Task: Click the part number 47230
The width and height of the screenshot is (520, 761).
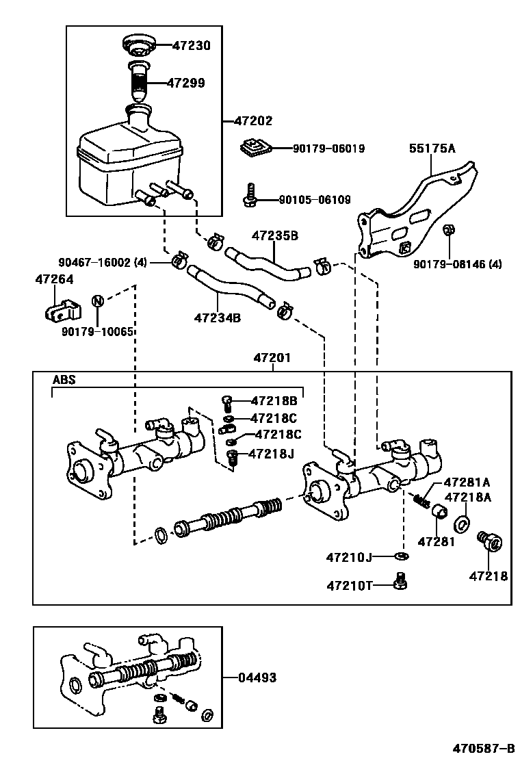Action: click(192, 46)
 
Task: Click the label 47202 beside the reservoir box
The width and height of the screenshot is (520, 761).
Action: click(253, 120)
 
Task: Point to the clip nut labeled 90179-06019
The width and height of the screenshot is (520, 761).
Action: click(256, 147)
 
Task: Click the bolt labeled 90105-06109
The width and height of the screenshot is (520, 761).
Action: click(250, 195)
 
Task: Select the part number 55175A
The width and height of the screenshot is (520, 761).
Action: click(432, 148)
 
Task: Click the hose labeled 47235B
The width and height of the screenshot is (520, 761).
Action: click(268, 263)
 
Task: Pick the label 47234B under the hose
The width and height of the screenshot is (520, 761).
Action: click(218, 318)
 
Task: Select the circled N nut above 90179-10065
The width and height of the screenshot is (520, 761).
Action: click(97, 301)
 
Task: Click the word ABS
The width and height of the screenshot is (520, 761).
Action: click(64, 380)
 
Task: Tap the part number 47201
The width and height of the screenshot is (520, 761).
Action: click(272, 358)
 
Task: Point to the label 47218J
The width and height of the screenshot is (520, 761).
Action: click(271, 454)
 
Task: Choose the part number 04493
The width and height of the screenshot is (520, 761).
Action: click(257, 678)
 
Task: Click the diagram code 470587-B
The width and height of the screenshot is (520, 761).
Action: click(483, 747)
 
